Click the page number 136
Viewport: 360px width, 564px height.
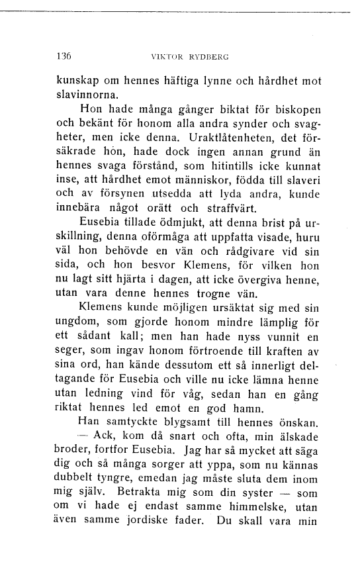point(64,57)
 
